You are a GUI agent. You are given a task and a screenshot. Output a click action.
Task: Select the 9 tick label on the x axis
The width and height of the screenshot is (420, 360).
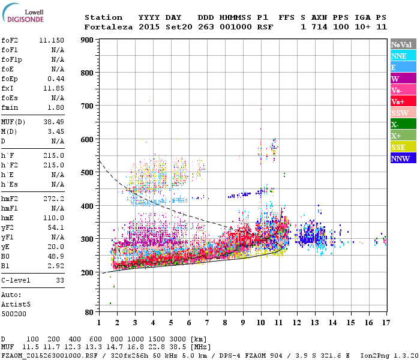(x=243, y=323)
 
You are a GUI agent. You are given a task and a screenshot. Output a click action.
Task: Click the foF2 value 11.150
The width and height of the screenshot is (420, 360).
(x=52, y=40)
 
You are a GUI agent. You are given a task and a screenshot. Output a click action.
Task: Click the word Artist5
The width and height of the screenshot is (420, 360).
(x=16, y=304)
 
